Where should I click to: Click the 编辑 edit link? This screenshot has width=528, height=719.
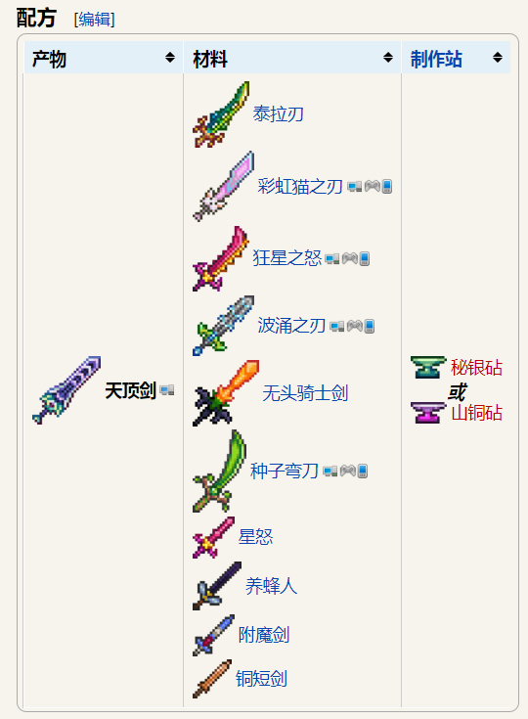pos(95,20)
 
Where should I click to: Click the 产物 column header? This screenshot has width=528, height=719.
pos(50,59)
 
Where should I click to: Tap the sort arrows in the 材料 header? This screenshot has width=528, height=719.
pos(388,58)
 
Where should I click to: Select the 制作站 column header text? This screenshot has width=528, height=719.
pos(436,59)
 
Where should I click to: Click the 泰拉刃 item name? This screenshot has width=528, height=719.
pos(279,113)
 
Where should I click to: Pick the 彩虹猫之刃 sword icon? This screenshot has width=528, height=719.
pos(223,186)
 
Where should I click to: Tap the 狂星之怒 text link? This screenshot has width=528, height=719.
pos(287,257)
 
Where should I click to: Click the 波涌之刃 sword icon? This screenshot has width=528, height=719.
pos(223,326)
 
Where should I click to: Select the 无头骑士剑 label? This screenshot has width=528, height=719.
pos(305,393)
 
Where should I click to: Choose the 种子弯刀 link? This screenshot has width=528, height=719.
pos(285,471)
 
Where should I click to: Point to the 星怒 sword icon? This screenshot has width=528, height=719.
pos(213,537)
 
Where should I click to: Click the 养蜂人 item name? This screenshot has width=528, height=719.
pos(272,586)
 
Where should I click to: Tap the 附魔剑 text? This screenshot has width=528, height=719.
pos(264,635)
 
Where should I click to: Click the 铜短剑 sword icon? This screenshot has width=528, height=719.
pos(212,679)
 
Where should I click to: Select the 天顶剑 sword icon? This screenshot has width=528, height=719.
pos(66,389)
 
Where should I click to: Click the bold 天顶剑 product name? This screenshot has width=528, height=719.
pos(131,390)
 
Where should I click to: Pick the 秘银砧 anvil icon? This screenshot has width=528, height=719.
pos(428,367)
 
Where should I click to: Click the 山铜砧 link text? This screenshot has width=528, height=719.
pos(477,412)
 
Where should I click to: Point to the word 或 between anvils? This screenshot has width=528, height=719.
pos(457,392)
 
